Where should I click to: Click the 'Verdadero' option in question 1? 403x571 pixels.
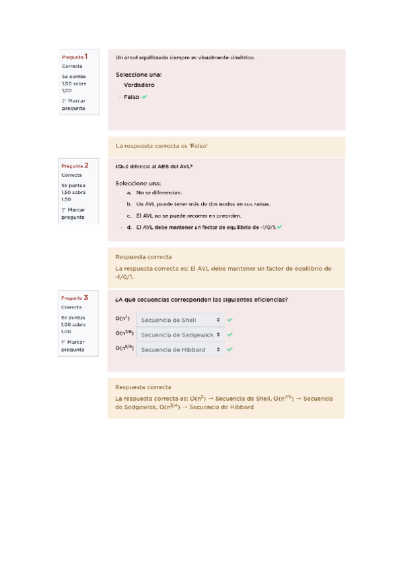coord(139,86)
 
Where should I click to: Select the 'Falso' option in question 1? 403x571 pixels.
coord(131,97)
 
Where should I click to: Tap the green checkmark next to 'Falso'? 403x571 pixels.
coord(145,97)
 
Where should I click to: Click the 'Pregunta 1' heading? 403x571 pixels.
coord(79,57)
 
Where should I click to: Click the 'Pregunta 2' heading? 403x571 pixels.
coord(79,165)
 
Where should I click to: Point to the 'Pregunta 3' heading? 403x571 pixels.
coord(79,297)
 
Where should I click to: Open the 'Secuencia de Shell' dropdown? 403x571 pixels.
coord(180,320)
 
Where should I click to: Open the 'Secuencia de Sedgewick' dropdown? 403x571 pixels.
coord(180,335)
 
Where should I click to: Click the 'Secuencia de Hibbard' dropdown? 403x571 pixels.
coord(180,349)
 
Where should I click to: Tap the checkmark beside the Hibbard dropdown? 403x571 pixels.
coord(230,349)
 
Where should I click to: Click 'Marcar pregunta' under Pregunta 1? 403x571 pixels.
coord(73,104)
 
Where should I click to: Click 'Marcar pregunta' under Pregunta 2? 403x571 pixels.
coord(73,213)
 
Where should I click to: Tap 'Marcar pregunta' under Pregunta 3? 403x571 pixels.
coord(73,345)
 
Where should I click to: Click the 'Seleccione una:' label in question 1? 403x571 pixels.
coord(138,75)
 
